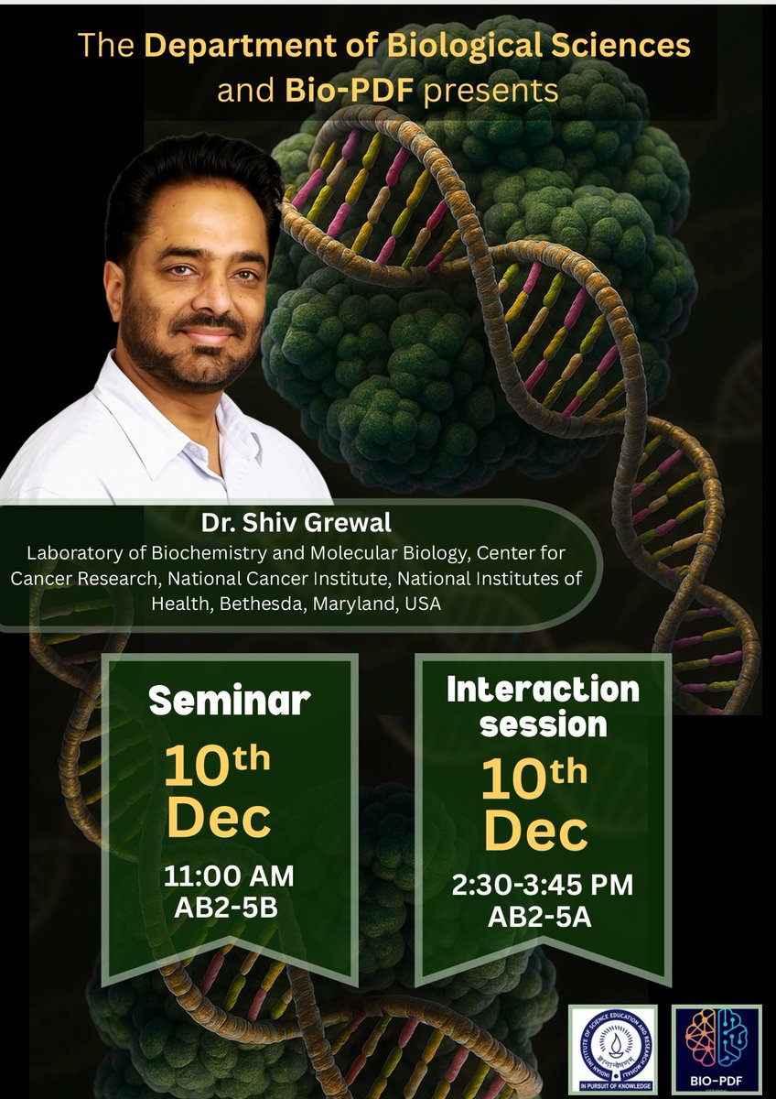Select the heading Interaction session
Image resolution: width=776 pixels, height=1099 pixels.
pyautogui.click(x=544, y=706)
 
